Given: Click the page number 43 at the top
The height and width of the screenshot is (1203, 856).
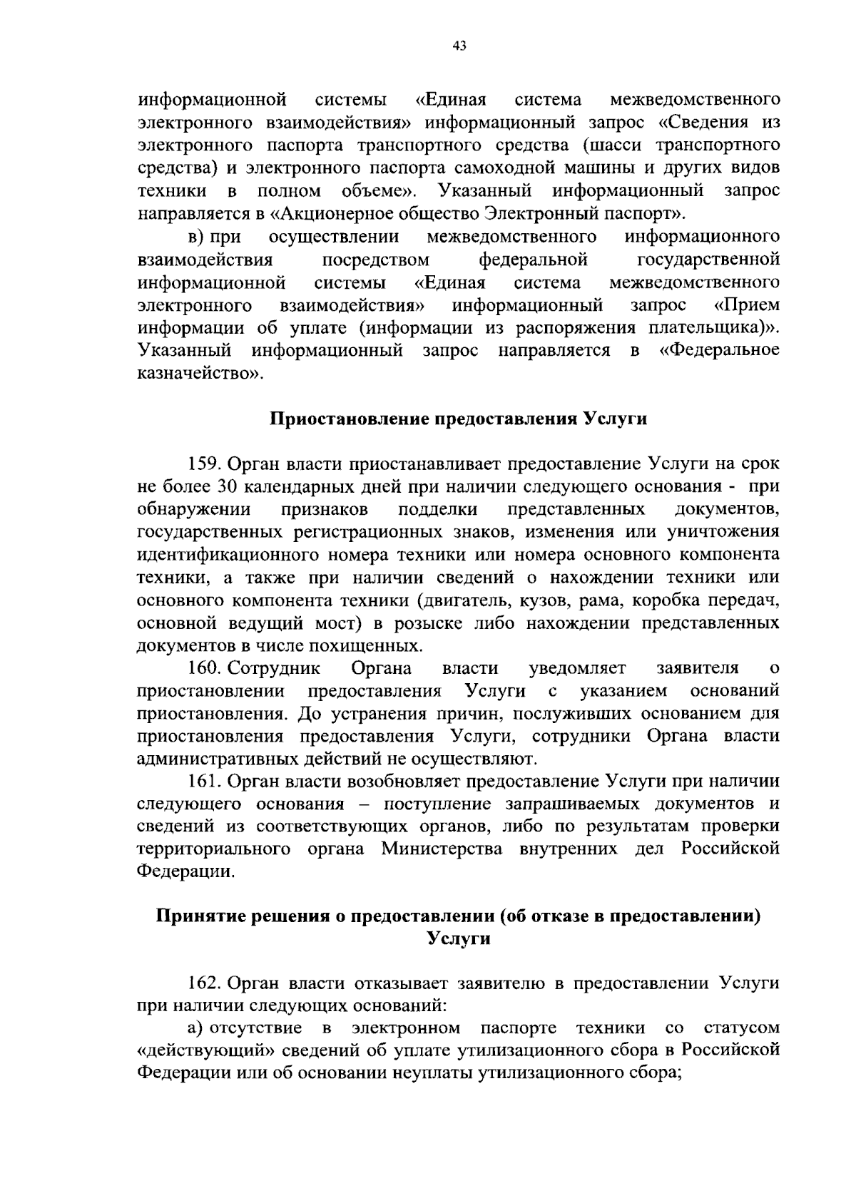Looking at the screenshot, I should pos(459,46).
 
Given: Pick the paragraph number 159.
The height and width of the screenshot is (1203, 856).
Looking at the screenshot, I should pos(204,464).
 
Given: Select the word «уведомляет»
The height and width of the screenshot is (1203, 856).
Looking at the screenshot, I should pos(577,668).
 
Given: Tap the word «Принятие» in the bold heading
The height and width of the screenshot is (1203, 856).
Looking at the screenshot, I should pos(199,916).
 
